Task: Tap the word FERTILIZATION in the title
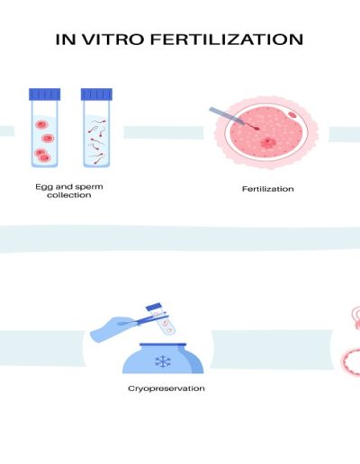point(227,40)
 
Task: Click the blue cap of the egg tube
point(45,94)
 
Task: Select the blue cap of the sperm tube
point(96,94)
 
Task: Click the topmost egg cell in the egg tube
point(41,124)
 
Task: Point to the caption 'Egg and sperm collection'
point(69,191)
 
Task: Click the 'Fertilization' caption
point(268,189)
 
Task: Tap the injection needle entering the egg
point(233,119)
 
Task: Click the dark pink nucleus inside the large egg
point(266,142)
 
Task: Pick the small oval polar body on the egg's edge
point(292,114)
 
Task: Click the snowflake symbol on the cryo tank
point(163,361)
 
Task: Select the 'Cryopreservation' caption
point(166,388)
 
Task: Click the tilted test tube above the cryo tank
point(161,319)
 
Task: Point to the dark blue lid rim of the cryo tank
point(163,344)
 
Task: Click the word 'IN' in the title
point(66,40)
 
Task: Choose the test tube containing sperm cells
point(96,128)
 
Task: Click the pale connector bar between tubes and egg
point(164,132)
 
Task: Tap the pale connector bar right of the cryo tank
point(273,350)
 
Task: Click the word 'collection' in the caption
point(69,195)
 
